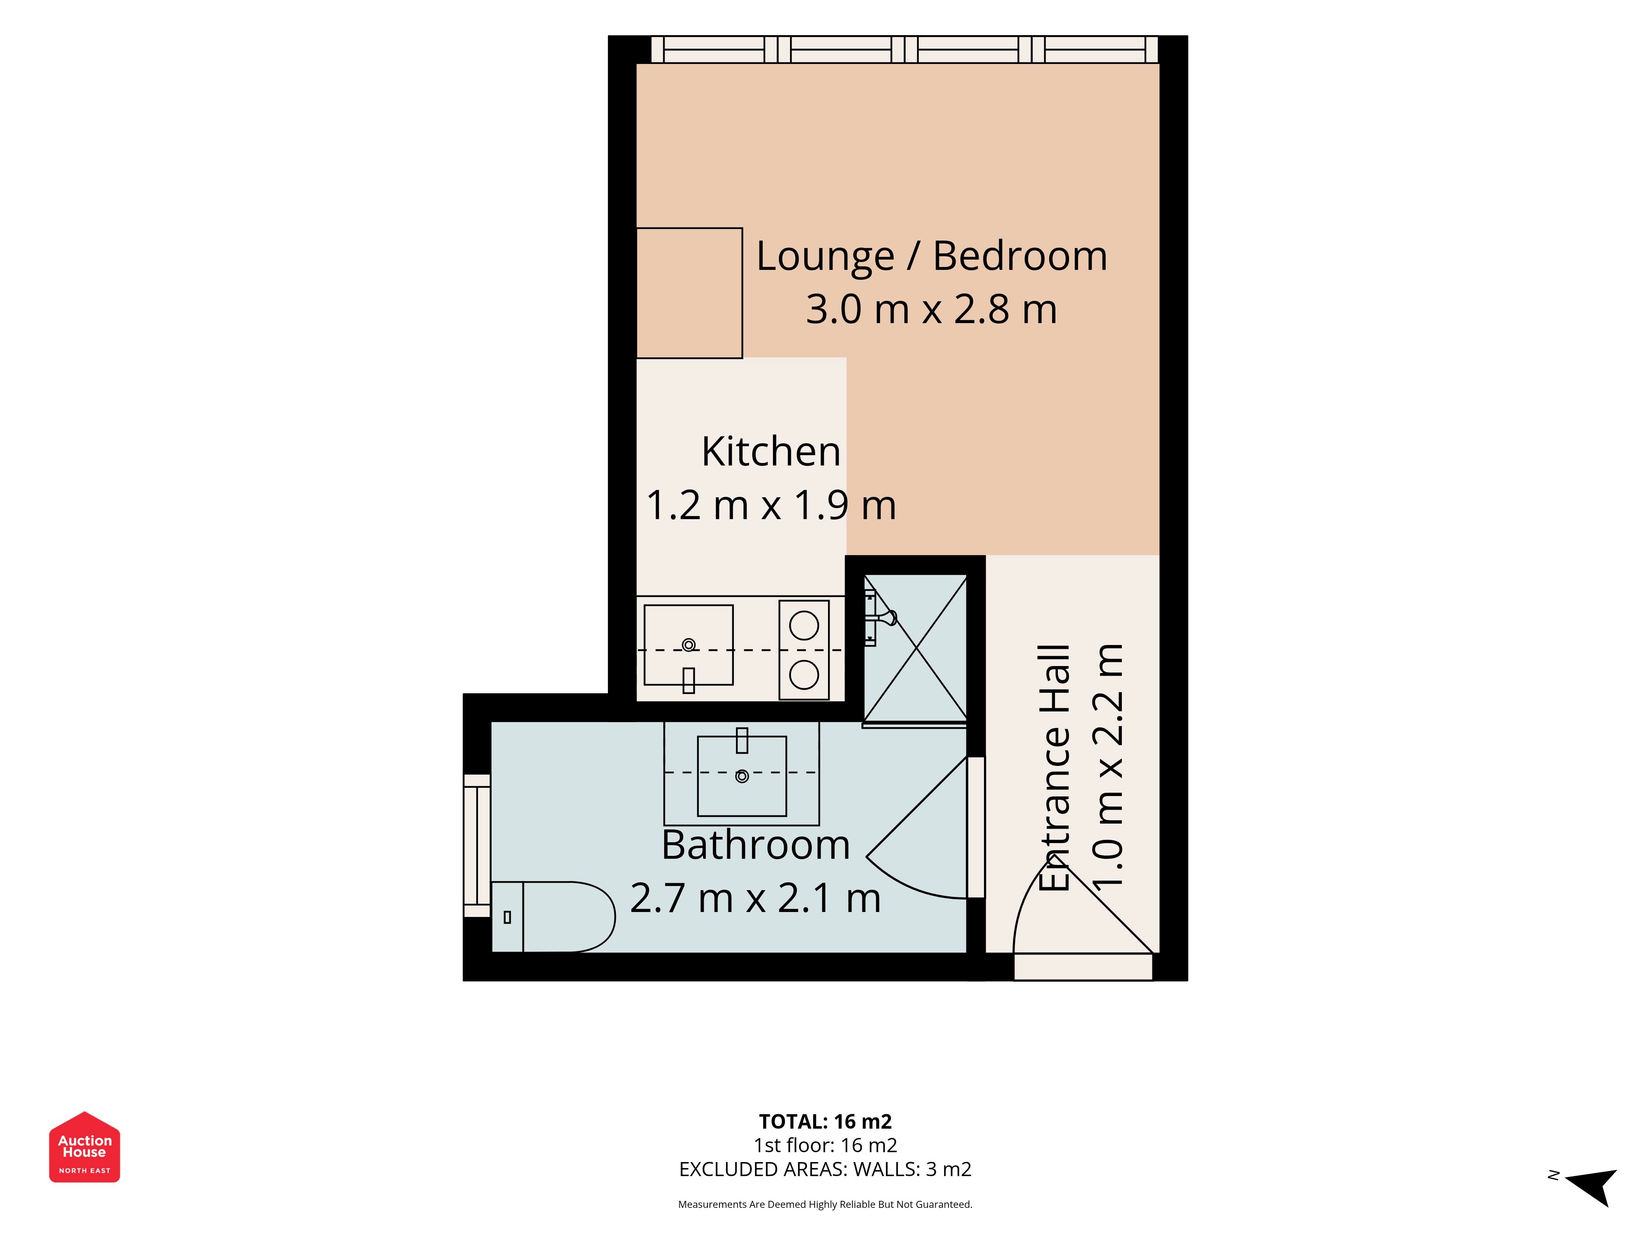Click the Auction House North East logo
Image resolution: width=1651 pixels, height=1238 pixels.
point(84,1147)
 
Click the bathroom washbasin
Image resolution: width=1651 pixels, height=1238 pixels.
point(742,776)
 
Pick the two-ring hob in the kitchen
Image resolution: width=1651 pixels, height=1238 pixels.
point(804,650)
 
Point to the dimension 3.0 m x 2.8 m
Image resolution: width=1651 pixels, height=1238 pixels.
point(932,309)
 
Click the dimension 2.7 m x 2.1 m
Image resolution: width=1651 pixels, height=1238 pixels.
point(755,898)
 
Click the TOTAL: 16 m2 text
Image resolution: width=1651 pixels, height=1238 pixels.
point(825,1122)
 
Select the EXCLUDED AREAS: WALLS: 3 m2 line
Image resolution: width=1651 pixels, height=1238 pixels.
point(825,1169)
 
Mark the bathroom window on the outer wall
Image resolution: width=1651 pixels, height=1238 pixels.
point(477,846)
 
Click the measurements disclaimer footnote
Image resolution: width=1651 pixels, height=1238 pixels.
point(825,1205)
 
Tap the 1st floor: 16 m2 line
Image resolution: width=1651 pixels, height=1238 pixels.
point(825,1146)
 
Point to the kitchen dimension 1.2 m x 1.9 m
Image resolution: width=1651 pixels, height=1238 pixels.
point(771,505)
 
